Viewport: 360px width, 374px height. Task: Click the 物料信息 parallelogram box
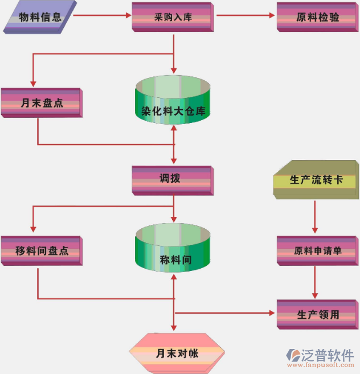point(40,17)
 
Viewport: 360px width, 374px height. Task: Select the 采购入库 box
point(173,17)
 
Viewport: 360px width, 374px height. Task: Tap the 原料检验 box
point(317,17)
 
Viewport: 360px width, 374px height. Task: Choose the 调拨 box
point(172,179)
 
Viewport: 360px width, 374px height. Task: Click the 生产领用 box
point(317,314)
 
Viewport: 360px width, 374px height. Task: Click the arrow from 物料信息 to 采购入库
point(103,16)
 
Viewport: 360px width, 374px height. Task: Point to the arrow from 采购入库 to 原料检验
point(245,16)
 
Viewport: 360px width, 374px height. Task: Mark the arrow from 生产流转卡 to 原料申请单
point(316,216)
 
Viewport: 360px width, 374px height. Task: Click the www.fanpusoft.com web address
point(322,367)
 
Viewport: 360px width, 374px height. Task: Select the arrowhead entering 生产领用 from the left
point(273,313)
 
